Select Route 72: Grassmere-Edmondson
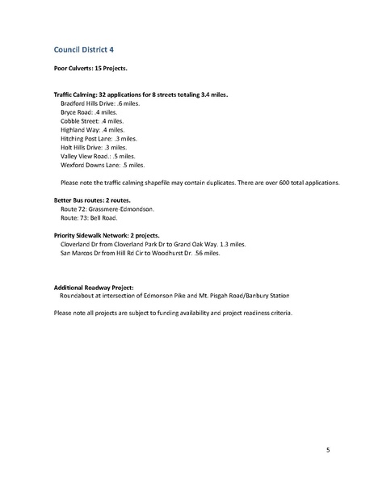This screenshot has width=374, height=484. [x=107, y=208]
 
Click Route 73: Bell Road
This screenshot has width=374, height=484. [x=89, y=217]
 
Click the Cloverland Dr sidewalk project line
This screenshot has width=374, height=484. [x=153, y=243]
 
